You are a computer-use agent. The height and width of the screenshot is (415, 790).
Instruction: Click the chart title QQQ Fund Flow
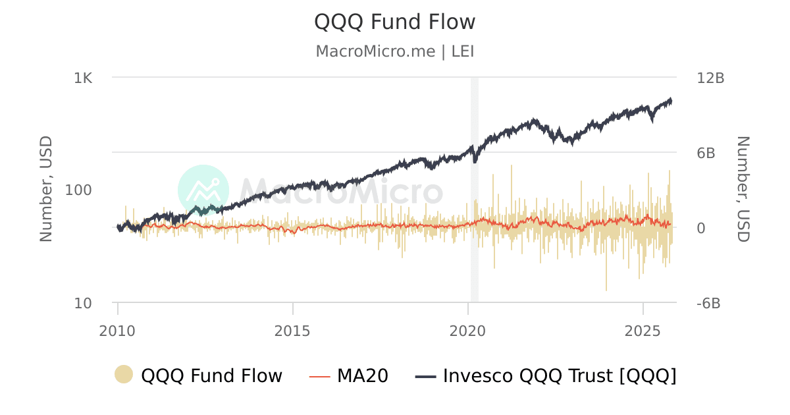click(x=394, y=22)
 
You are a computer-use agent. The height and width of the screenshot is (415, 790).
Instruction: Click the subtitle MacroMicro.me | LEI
click(x=394, y=51)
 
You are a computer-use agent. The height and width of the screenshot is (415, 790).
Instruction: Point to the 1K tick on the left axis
click(x=83, y=78)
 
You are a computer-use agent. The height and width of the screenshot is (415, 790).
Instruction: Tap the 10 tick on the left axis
click(x=83, y=303)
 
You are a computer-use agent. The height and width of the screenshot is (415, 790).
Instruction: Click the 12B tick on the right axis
click(x=710, y=78)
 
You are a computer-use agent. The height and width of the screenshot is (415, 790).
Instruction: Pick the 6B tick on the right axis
click(x=706, y=153)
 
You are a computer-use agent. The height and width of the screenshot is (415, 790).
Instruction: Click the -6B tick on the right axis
click(x=708, y=303)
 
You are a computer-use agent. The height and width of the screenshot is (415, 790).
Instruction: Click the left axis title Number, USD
click(x=46, y=189)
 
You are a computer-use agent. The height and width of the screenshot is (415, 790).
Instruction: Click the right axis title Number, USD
click(x=743, y=189)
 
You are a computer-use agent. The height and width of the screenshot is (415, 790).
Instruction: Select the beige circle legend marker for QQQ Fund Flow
click(x=124, y=375)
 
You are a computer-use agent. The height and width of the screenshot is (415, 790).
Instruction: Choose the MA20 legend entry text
click(x=363, y=376)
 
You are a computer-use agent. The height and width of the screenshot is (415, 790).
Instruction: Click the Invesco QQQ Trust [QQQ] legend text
click(x=560, y=376)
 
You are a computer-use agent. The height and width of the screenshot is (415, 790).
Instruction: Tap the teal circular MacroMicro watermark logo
click(x=203, y=190)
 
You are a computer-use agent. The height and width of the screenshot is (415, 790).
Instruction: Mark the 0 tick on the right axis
click(x=700, y=228)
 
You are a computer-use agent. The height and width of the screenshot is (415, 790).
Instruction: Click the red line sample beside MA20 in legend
click(x=319, y=376)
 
